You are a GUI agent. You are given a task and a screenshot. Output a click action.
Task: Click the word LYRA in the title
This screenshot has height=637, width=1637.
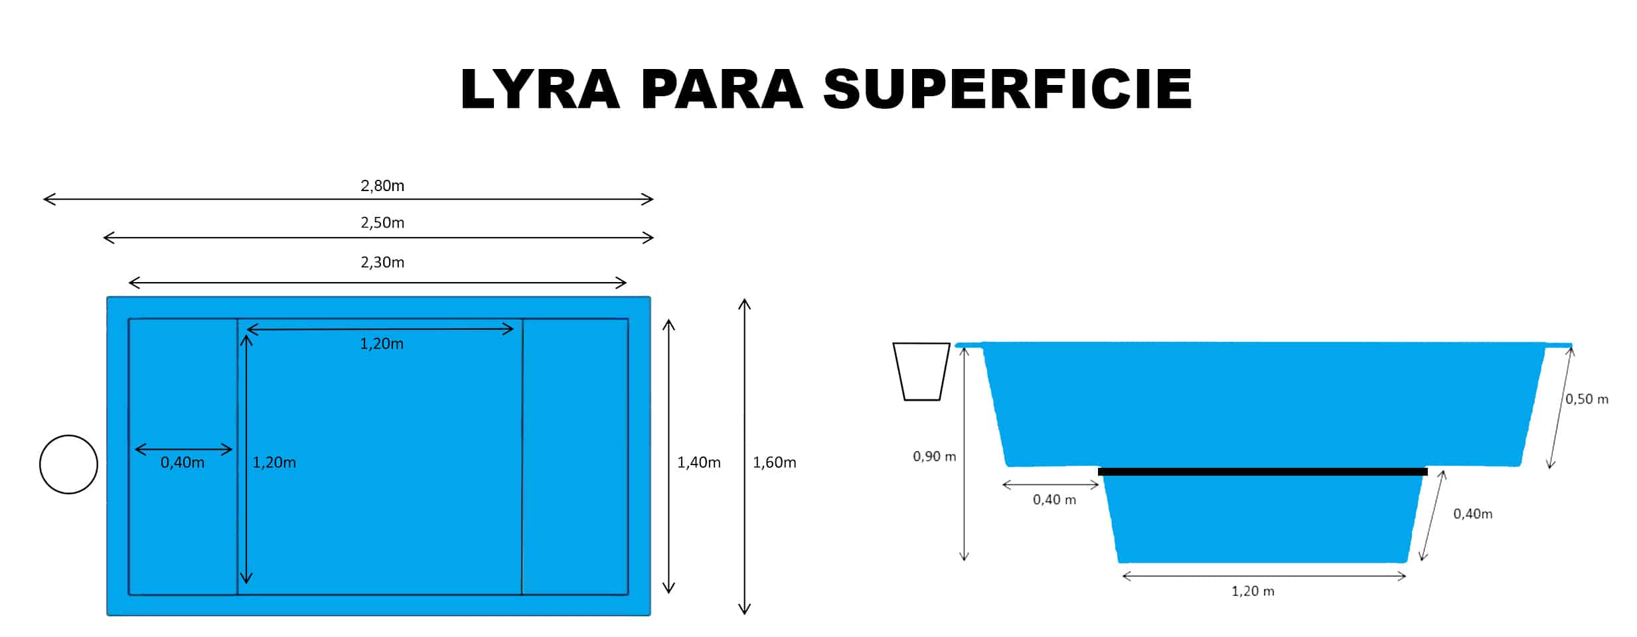coord(540,88)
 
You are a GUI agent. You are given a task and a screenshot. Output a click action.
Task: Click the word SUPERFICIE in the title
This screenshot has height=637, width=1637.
coord(1008,88)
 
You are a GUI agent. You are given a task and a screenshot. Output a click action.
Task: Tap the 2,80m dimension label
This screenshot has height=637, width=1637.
coord(382,186)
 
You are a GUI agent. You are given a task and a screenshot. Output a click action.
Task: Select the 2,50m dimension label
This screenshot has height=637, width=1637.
coord(382,223)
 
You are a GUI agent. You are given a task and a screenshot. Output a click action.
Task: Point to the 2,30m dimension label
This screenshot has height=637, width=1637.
coord(382,263)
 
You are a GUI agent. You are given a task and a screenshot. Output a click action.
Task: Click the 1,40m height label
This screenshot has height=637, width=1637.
coord(698,462)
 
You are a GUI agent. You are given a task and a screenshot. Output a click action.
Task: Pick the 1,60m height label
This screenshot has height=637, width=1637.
coord(774,462)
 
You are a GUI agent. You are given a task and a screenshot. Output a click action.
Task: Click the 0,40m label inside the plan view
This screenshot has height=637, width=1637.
coord(183,462)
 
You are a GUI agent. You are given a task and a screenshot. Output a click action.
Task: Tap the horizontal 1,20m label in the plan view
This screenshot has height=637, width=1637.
coord(382,344)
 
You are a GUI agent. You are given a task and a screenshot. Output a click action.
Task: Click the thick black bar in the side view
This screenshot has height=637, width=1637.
coord(1263,472)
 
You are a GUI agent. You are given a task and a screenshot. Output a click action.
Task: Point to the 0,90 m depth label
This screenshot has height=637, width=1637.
coord(934,457)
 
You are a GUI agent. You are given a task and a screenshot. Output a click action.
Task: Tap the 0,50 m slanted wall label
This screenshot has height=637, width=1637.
coord(1587,399)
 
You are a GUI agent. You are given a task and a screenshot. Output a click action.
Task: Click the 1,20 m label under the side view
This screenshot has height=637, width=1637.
coord(1253,591)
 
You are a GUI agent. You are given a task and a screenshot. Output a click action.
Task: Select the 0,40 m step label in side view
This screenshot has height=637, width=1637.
coord(1054,500)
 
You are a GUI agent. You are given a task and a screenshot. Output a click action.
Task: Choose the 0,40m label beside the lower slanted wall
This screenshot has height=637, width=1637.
coord(1472,514)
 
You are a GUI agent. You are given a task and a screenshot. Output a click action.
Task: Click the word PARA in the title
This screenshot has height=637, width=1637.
coord(722,88)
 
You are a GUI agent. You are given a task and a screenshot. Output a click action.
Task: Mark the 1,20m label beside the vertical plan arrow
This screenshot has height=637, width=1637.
coord(274,462)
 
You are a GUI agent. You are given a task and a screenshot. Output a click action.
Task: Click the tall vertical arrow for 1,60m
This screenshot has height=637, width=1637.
coord(745,457)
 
